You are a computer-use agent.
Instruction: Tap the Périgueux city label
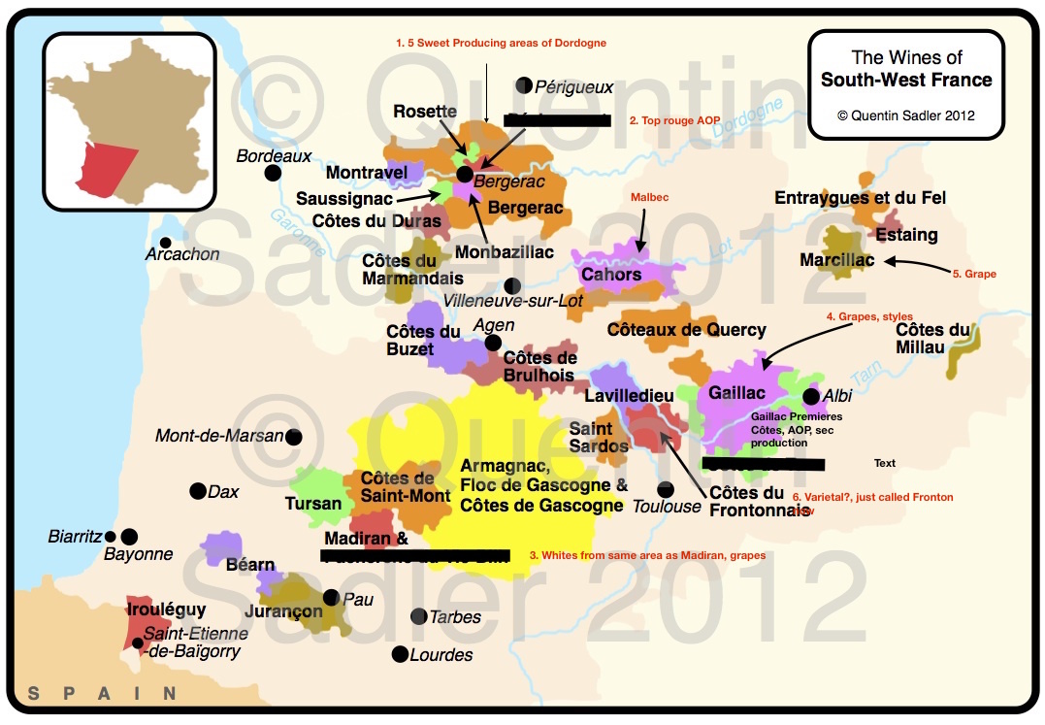(574, 86)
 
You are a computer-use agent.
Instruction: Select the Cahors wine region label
(611, 275)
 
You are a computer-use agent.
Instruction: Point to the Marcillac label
(836, 260)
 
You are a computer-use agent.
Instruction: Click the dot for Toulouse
(665, 489)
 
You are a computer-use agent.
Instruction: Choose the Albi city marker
(811, 396)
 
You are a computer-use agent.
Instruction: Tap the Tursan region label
(313, 504)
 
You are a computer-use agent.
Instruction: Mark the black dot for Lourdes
(399, 654)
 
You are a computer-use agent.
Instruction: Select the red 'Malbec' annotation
(649, 197)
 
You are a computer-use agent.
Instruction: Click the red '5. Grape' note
(974, 274)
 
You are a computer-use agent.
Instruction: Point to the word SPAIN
(103, 693)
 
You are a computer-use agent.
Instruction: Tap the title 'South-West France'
(906, 80)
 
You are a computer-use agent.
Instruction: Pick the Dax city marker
(198, 491)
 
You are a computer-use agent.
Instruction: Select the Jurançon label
(283, 611)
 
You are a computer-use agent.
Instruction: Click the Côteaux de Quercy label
(686, 330)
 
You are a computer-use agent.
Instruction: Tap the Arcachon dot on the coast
(166, 243)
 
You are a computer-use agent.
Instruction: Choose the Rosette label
(425, 112)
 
